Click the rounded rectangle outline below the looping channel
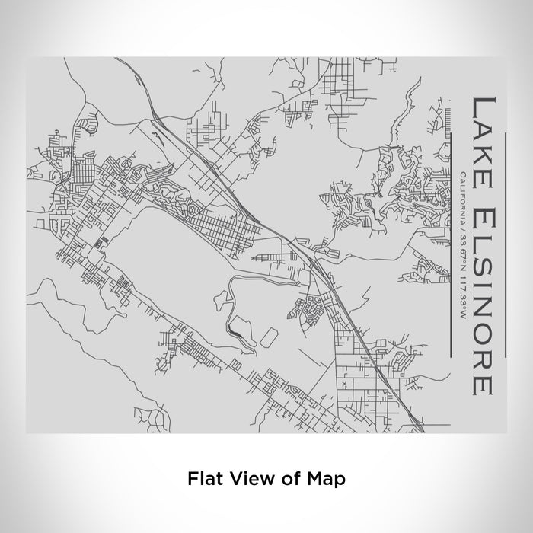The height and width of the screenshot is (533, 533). (x=269, y=336)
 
